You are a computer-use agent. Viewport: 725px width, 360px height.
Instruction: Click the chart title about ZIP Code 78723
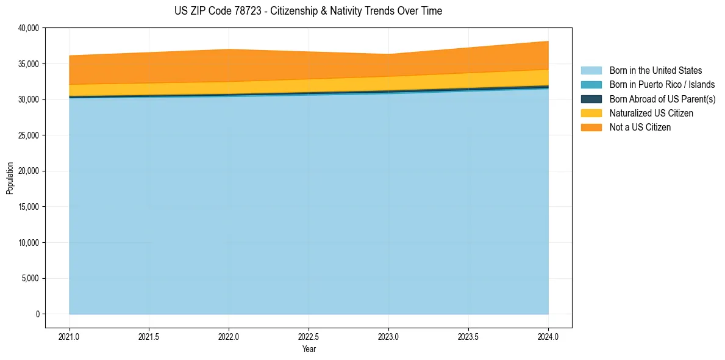(x=308, y=11)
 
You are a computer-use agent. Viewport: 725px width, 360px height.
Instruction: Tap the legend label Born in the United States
(x=655, y=71)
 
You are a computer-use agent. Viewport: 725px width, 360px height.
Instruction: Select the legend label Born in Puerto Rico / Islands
(x=662, y=85)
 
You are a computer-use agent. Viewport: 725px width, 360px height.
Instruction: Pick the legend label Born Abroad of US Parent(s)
(x=662, y=99)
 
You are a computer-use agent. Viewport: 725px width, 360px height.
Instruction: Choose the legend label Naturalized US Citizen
(x=651, y=113)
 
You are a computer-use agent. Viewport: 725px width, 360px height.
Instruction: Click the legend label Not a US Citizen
(x=640, y=127)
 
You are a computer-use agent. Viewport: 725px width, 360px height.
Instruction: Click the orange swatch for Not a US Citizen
(x=591, y=127)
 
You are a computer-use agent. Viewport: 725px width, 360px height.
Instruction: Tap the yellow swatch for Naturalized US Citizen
(x=591, y=113)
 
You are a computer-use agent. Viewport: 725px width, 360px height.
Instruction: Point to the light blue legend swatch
(x=591, y=71)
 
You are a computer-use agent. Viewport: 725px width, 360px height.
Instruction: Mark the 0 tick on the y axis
(x=37, y=314)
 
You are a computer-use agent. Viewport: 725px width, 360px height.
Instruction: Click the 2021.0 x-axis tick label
(x=70, y=336)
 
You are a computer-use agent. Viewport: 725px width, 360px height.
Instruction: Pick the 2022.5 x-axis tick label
(x=309, y=336)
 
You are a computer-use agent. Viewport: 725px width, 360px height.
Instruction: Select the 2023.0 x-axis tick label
(x=388, y=336)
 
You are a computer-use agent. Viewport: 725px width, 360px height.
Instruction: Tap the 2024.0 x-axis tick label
(x=548, y=336)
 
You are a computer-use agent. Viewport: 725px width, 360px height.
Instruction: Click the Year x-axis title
(x=309, y=349)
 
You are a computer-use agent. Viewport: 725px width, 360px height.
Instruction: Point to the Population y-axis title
(x=10, y=178)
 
